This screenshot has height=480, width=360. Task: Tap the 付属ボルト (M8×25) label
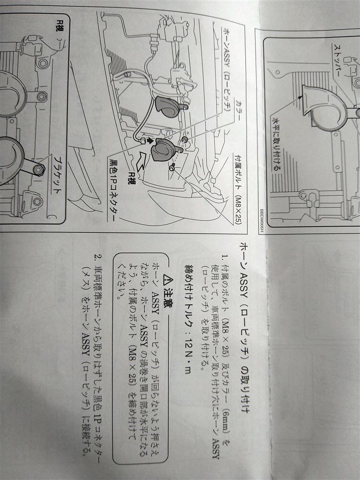(x=238, y=188)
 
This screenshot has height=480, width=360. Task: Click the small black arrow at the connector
(x=149, y=141)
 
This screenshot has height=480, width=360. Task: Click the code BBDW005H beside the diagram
(x=262, y=221)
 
